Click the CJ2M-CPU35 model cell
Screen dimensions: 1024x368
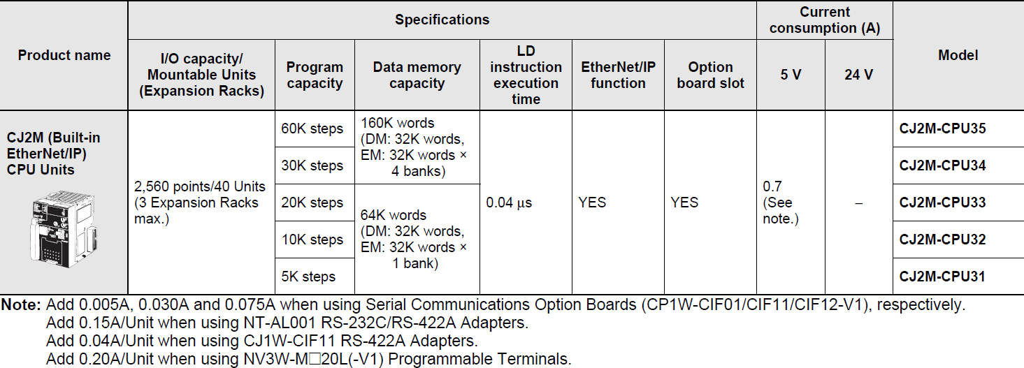coord(958,128)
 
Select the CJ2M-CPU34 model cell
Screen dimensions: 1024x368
coord(958,165)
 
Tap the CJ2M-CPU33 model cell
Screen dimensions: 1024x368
coord(958,203)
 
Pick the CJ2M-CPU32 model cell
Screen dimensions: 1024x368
coord(958,240)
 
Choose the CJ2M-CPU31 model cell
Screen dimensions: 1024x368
coord(958,277)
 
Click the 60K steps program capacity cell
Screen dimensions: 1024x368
coord(315,128)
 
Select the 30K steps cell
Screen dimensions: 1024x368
coord(315,165)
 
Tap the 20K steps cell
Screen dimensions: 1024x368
coord(315,203)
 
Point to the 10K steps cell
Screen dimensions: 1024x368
coord(315,240)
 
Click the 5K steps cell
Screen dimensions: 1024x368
coord(315,277)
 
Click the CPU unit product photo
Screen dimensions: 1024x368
coord(63,229)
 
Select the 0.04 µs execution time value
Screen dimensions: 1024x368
coord(509,203)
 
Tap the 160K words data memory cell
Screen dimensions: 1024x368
coord(417,147)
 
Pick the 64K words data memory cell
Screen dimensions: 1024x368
coord(417,240)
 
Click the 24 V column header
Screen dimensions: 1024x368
coord(858,75)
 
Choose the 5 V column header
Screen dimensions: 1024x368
coord(791,75)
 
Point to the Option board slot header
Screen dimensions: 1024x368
coord(710,75)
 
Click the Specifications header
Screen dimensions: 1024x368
coord(442,20)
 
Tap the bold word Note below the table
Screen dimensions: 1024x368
coord(21,304)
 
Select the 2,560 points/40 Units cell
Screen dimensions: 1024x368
coord(201,203)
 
